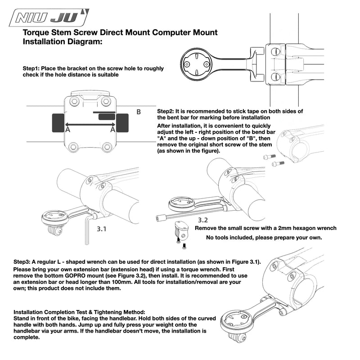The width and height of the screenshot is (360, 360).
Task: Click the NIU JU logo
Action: (49, 18)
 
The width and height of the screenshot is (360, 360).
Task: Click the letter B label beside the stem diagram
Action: (139, 112)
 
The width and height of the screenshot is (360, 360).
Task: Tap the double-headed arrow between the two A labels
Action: (90, 125)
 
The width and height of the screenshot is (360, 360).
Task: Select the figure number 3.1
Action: (101, 229)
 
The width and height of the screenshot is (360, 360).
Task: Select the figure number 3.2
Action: (203, 220)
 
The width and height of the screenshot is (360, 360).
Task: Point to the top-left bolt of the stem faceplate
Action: (74, 101)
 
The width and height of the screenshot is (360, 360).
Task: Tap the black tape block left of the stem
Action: (58, 123)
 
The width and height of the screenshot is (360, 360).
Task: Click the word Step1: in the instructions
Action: (31, 68)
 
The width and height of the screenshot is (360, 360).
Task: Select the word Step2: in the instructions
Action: (166, 111)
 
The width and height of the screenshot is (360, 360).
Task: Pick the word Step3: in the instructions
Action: (22, 262)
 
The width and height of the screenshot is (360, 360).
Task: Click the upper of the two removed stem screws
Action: (269, 157)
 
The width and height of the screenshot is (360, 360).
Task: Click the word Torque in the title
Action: (36, 32)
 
